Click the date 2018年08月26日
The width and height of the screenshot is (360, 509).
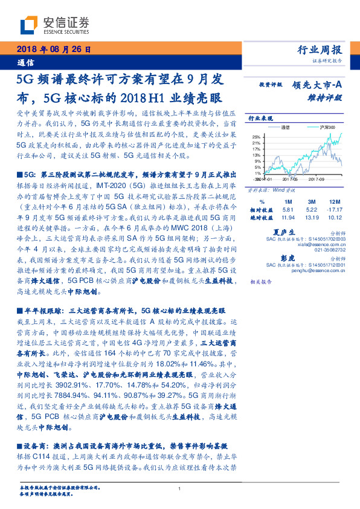click(x=53, y=50)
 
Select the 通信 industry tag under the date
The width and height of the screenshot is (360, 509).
click(x=25, y=62)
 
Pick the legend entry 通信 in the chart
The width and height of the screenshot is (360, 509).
click(x=286, y=128)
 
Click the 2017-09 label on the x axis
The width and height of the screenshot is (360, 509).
click(x=318, y=179)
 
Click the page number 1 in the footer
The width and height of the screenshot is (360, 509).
click(x=180, y=489)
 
